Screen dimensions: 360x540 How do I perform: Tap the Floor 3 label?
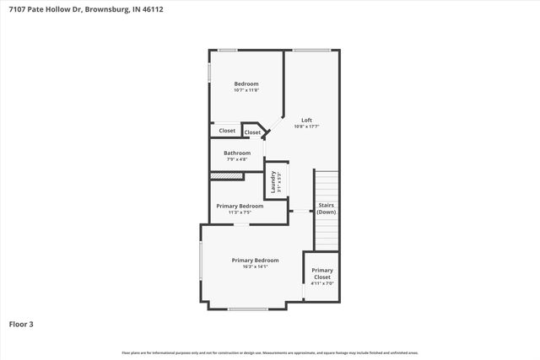coord(22,323)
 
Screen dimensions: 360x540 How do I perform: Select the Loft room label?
coord(306,120)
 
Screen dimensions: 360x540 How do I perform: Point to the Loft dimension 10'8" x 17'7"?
coord(306,127)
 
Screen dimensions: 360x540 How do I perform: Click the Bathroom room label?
coord(237,153)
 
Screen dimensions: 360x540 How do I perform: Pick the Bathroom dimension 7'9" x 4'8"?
coord(237,159)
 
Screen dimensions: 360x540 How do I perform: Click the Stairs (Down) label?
coord(326,208)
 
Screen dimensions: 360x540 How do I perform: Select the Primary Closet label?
coord(321,273)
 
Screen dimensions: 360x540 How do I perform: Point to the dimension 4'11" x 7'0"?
coord(321,284)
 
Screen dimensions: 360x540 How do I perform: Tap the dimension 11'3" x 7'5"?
coord(240,212)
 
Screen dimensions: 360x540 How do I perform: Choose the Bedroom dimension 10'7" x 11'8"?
coord(246,90)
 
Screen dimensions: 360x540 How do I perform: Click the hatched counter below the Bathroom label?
coord(226,175)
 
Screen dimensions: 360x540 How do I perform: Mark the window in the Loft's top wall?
coord(312,51)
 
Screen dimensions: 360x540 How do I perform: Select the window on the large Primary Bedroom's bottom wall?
coord(247,309)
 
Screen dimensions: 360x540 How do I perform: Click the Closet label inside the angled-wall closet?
coord(252,132)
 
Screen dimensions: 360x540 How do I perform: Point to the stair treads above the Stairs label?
coord(326,185)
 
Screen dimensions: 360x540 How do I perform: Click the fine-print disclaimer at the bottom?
coord(270,352)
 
